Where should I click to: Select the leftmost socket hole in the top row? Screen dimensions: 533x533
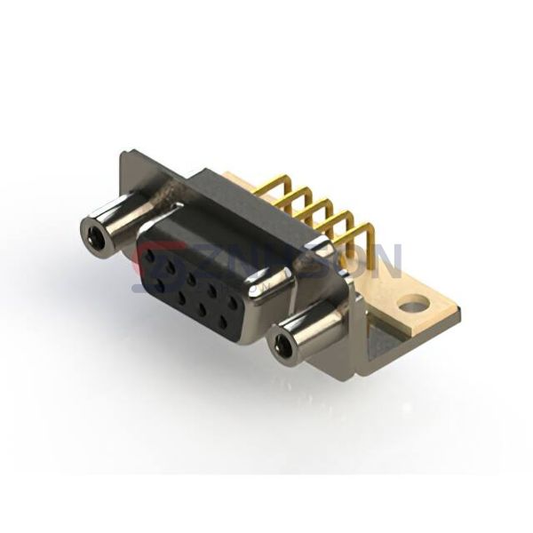pos(151,254)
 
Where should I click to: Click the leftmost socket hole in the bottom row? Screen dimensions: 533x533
pos(159,282)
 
